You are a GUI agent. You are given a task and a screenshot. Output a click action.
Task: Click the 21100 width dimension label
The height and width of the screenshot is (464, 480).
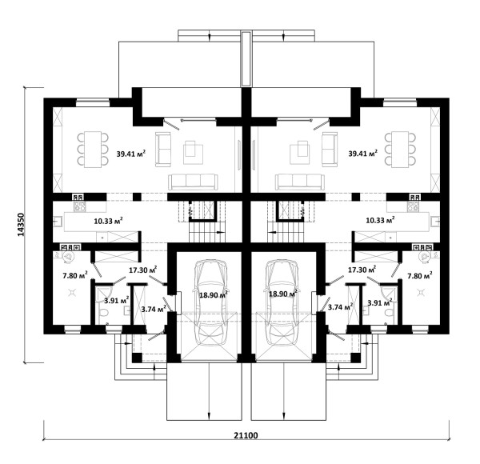click(246, 435)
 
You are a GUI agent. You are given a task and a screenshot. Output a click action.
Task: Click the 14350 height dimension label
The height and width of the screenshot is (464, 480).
click(21, 225)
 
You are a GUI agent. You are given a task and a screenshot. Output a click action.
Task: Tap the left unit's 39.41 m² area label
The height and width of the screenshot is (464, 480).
click(130, 154)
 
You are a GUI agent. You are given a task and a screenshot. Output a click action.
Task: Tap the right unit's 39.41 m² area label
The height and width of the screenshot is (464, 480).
click(362, 153)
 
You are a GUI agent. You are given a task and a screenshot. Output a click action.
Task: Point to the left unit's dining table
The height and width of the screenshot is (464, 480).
click(93, 150)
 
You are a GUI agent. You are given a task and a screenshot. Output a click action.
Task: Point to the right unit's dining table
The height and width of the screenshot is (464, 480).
click(401, 150)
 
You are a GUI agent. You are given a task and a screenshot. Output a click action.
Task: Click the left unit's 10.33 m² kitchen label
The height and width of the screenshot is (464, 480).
click(108, 220)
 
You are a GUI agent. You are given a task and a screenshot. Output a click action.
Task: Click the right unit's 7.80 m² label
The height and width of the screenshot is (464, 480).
click(420, 275)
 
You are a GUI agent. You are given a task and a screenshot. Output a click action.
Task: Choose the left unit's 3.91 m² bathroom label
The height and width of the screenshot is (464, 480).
click(116, 300)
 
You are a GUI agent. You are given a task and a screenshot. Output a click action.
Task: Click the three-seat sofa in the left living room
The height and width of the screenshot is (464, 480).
click(193, 182)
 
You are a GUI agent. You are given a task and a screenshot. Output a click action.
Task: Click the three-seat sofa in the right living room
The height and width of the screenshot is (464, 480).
click(300, 182)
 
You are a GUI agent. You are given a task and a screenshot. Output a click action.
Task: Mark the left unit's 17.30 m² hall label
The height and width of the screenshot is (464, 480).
click(143, 270)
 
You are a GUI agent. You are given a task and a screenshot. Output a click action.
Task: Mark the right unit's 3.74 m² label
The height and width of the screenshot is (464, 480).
click(340, 306)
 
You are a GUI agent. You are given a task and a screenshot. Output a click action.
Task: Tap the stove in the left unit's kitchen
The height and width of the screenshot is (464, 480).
click(79, 206)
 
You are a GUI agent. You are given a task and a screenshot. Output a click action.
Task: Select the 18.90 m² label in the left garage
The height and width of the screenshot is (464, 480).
click(214, 294)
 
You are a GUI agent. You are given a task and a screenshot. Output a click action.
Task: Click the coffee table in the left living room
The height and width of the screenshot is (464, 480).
click(193, 153)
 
